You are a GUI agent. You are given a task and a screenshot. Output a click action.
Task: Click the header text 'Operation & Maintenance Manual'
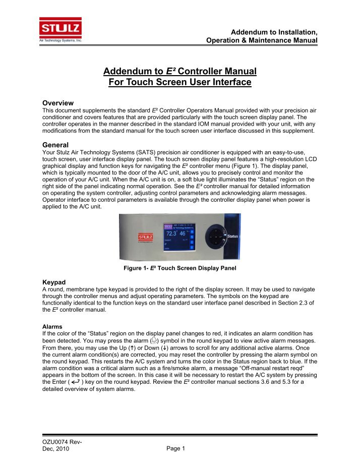point(262,40)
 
